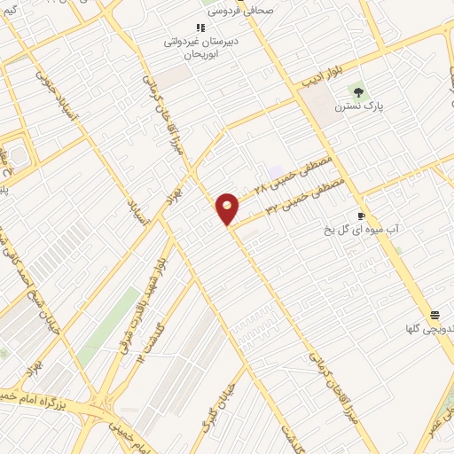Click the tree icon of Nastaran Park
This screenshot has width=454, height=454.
click(x=358, y=90)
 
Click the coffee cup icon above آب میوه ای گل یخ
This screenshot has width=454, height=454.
click(x=362, y=215)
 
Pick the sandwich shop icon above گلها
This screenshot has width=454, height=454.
click(x=435, y=315)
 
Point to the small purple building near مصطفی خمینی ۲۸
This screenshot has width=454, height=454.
click(x=276, y=170)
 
